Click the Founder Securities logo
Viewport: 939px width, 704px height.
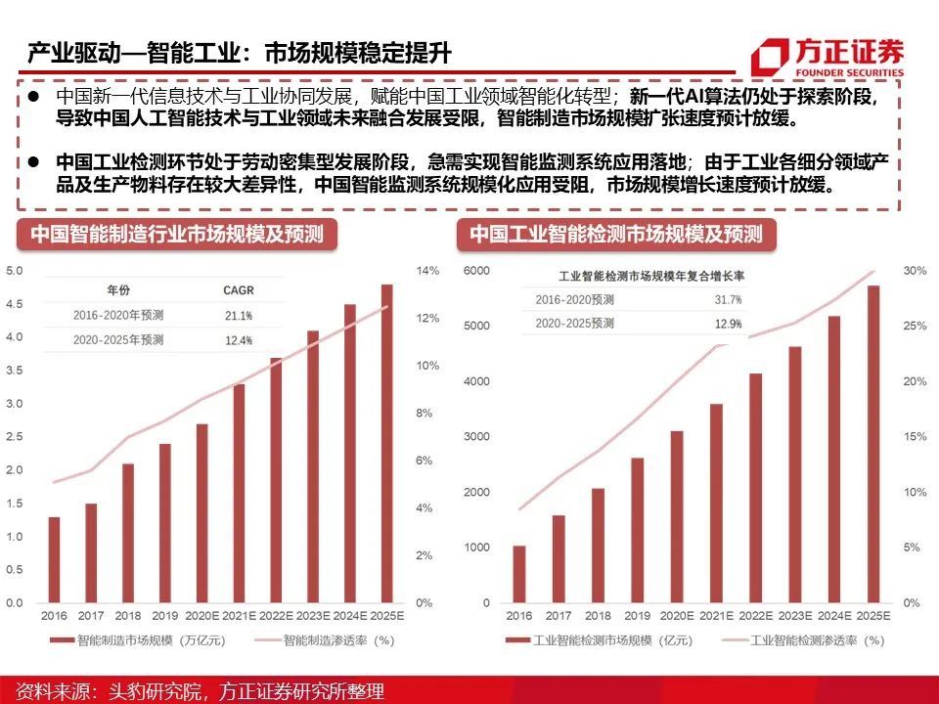pos(827,57)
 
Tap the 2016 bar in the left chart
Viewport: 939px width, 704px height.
pos(54,559)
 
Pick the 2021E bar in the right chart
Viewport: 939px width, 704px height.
pos(716,503)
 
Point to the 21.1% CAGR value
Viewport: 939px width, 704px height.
pos(239,315)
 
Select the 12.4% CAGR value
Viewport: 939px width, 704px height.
pos(239,340)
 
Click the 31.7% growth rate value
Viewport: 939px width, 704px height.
pos(728,299)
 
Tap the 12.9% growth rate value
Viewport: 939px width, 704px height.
pos(728,324)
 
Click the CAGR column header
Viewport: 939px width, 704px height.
pos(239,289)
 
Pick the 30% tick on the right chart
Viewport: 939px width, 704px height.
pos(914,271)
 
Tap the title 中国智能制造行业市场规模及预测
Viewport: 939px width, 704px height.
pos(176,235)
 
